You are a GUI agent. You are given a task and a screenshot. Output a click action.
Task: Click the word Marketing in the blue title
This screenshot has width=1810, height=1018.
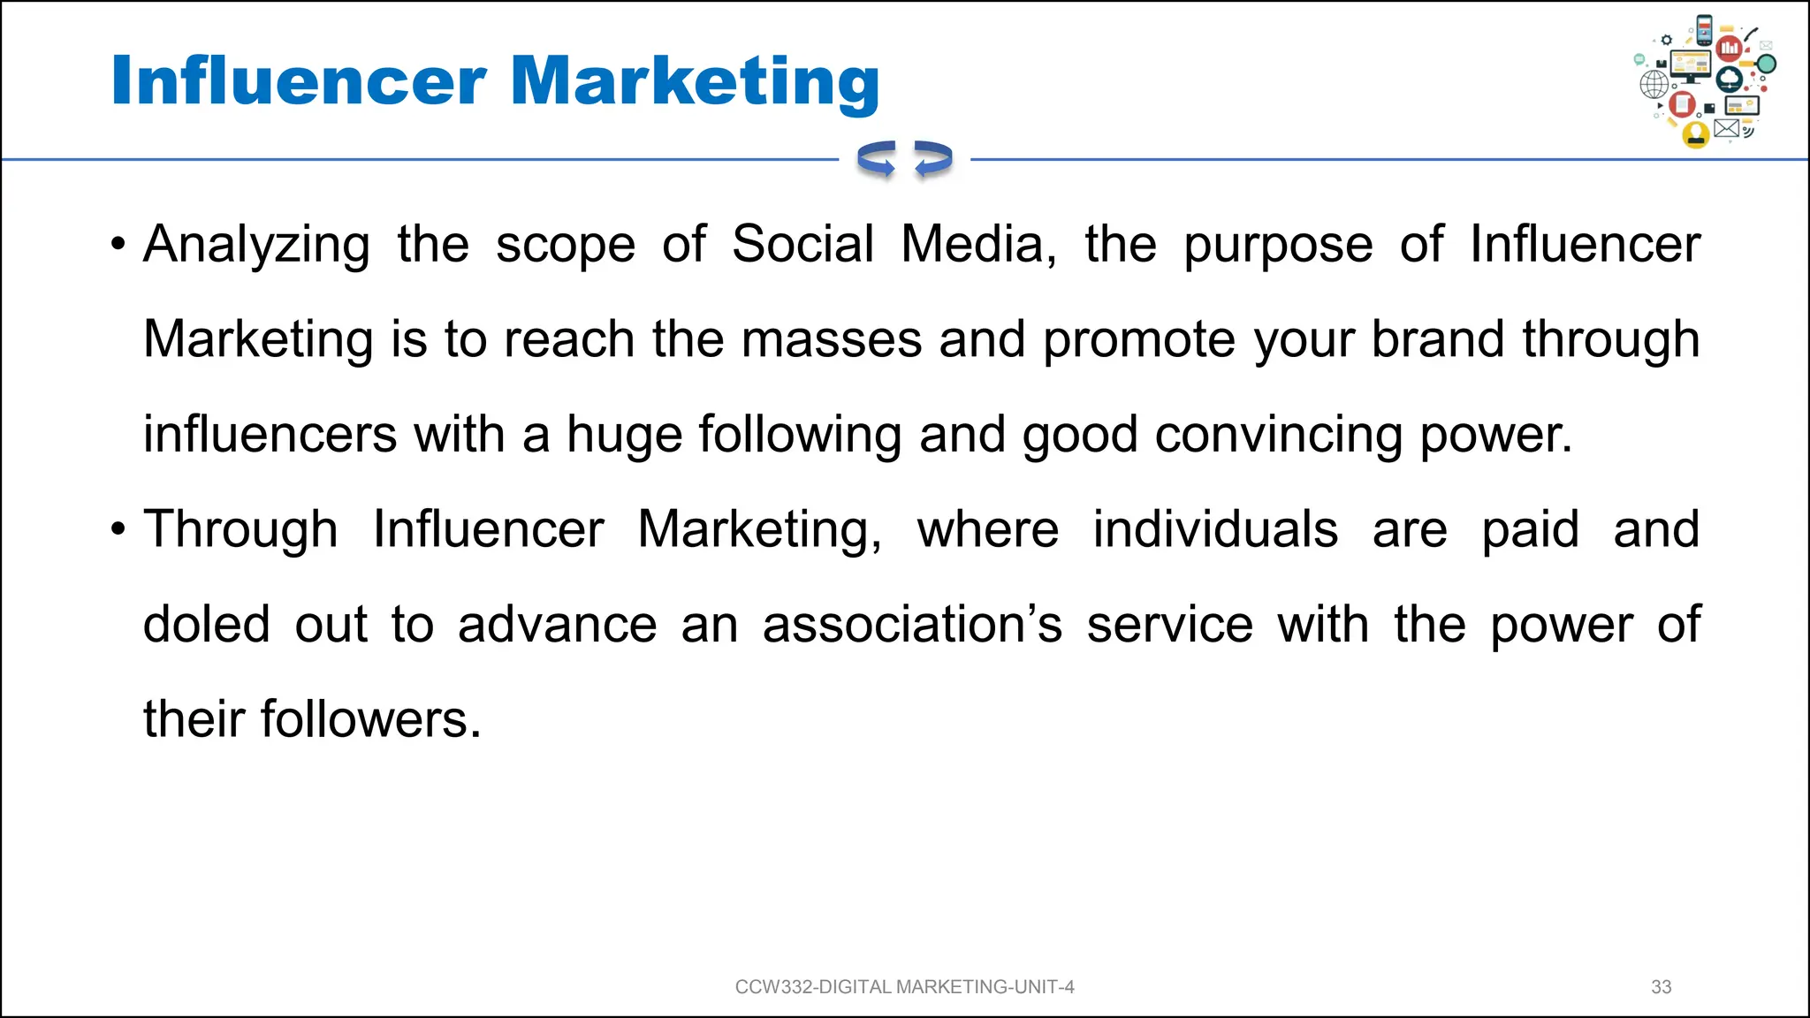click(695, 81)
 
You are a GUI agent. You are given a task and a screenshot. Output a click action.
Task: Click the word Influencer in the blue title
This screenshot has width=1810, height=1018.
click(299, 81)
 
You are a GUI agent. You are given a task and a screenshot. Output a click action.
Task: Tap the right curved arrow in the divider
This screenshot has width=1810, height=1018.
click(933, 159)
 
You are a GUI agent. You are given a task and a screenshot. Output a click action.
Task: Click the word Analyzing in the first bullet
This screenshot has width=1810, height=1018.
click(256, 245)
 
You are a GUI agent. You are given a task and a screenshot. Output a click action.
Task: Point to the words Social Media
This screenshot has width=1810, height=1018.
click(894, 245)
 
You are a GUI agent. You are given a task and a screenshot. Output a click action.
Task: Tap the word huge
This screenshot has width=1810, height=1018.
click(624, 435)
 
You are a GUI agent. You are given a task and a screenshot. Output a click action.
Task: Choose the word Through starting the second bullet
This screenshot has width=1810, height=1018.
click(240, 530)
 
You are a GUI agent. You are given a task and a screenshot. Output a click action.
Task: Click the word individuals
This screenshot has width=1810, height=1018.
click(1215, 530)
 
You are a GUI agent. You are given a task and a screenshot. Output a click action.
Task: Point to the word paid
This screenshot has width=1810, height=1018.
click(1530, 530)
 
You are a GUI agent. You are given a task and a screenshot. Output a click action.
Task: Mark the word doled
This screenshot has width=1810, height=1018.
click(207, 625)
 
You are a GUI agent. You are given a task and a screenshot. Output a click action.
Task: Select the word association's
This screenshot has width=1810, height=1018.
click(912, 625)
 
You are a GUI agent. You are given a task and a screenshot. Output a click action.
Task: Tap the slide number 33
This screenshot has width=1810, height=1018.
click(1661, 987)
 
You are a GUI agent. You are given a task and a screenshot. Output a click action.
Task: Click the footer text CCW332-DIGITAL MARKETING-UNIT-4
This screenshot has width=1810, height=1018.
click(904, 987)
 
